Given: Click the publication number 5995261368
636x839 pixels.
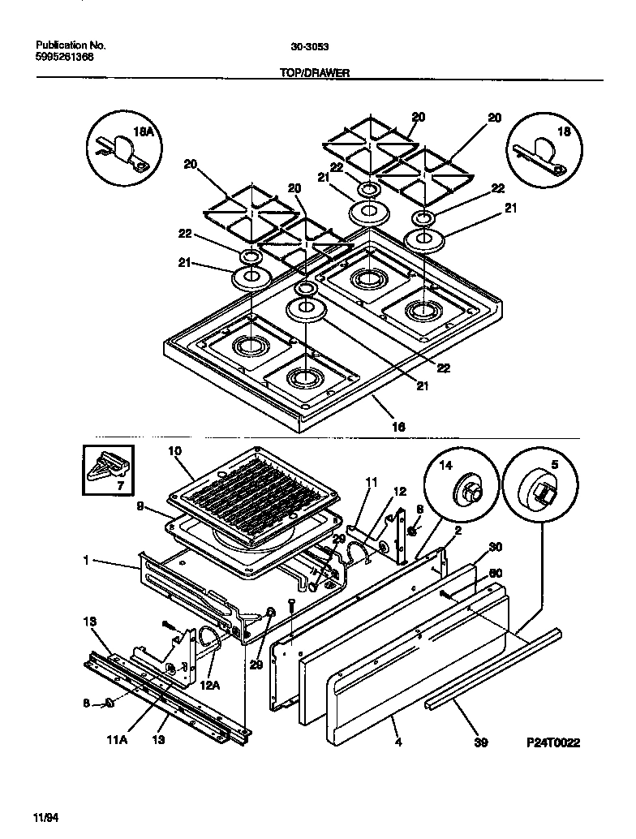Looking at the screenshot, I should tap(64, 58).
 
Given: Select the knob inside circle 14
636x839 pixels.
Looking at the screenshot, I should tap(469, 489).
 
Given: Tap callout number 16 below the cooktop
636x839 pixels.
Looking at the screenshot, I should tap(397, 425).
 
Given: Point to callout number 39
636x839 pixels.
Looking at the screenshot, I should tap(480, 742).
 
